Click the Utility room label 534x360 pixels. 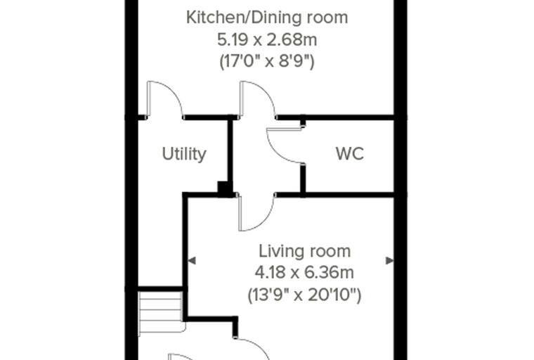184,154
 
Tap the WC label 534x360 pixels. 350,154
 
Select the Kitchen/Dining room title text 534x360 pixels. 267,18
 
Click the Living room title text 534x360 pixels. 304,251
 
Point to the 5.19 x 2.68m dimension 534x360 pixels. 267,40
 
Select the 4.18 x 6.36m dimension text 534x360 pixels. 304,273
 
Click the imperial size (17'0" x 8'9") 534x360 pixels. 267,62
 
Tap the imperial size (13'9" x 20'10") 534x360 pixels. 304,295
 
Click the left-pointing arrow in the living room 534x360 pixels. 192,261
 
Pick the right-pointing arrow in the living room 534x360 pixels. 390,261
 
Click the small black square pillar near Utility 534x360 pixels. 223,188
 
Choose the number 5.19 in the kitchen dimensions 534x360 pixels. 231,40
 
